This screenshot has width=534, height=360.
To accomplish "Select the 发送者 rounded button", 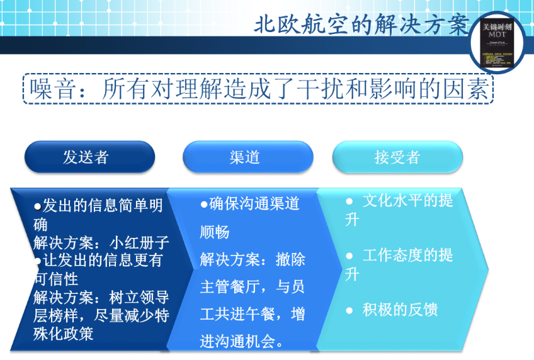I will [89, 157].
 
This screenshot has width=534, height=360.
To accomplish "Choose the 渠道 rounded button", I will [247, 157].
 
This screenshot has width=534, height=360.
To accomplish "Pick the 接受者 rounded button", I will [397, 157].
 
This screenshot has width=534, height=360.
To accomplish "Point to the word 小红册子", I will [139, 243].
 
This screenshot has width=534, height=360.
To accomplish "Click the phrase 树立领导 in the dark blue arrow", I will [139, 297].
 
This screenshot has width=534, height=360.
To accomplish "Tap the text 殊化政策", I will [63, 333].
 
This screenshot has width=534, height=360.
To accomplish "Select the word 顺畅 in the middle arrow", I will [215, 232].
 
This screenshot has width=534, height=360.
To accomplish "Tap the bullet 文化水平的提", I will [407, 201].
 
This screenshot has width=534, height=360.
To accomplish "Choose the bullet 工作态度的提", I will [407, 256].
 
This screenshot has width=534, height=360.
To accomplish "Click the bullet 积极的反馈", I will [399, 310].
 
